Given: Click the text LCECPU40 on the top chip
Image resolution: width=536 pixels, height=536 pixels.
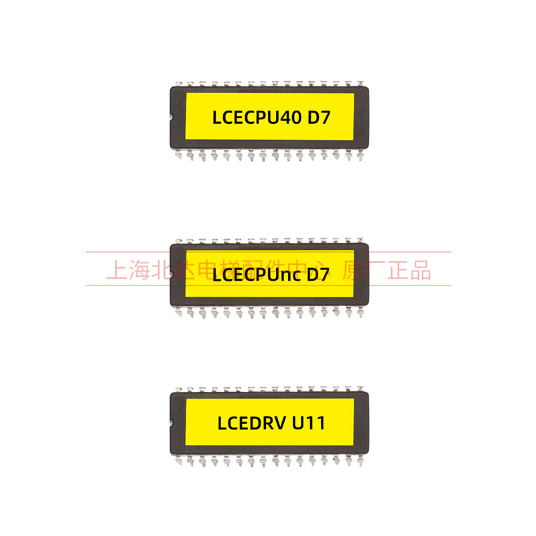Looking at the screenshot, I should (x=256, y=118).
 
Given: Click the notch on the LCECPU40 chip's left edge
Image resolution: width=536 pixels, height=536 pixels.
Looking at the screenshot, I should (x=172, y=119).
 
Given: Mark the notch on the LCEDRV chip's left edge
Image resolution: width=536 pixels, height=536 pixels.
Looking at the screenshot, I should (x=172, y=423).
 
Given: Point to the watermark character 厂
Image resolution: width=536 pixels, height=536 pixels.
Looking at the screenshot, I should (x=379, y=270).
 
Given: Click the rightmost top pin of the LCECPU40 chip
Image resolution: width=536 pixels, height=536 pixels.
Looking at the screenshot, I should (x=360, y=83).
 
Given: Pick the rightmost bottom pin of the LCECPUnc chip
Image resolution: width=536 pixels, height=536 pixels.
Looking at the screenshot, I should (x=360, y=312).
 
